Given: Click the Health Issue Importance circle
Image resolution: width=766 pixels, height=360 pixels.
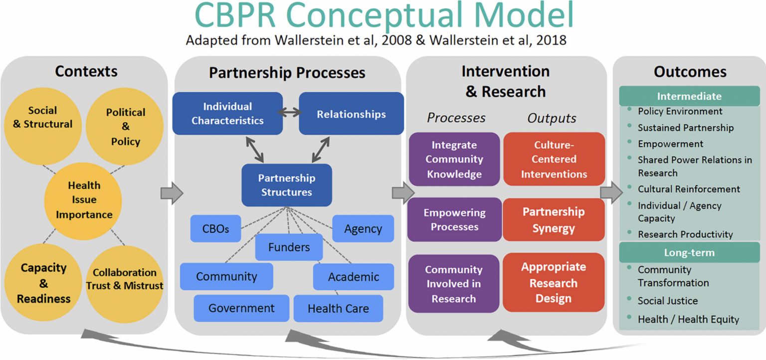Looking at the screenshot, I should [84, 200].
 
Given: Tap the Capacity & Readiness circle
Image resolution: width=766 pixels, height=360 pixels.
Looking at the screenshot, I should [43, 283].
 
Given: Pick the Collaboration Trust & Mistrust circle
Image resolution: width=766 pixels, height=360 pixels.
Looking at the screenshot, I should [125, 279].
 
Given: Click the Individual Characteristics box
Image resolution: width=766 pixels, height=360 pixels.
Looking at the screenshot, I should [227, 114].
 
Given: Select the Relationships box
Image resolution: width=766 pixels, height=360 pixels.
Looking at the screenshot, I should [351, 114].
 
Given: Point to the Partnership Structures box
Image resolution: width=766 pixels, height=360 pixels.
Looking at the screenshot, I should [286, 185].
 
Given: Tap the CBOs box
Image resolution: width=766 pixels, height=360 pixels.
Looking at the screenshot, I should [215, 229].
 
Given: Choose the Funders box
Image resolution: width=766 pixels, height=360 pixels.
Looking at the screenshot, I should [289, 247].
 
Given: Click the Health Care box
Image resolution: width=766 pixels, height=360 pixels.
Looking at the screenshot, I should [338, 309].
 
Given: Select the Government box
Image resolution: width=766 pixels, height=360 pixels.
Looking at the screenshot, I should [241, 308].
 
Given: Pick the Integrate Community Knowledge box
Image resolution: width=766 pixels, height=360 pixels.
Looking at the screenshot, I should [454, 160].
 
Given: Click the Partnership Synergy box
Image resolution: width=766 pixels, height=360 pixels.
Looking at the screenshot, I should [554, 220].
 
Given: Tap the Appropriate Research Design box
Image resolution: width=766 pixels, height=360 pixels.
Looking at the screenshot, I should [554, 283].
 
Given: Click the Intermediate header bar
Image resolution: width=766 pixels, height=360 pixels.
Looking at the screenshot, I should [689, 96].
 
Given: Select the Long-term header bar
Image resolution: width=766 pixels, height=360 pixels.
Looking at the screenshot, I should [689, 253].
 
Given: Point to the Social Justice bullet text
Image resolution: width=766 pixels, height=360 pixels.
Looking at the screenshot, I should [667, 301].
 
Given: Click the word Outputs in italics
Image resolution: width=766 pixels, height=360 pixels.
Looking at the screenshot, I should [552, 118].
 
